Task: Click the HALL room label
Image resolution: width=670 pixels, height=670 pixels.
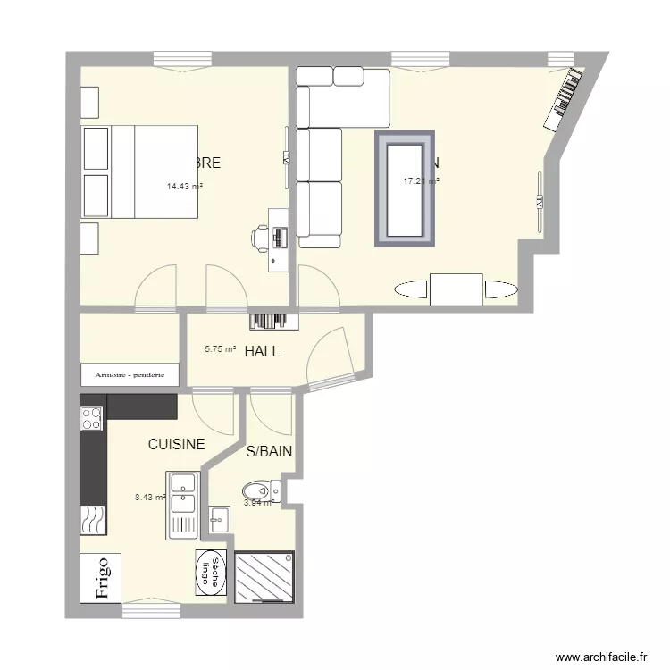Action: click(262, 352)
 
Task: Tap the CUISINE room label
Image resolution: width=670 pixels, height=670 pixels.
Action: click(176, 444)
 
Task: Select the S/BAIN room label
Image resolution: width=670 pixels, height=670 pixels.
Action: click(269, 452)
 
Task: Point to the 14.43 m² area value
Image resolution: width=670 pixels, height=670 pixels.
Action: click(184, 188)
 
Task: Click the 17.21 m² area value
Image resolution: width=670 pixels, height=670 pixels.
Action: click(421, 181)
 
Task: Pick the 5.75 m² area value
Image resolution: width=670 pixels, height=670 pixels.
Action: click(220, 351)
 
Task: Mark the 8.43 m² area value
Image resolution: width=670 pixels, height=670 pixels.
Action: click(149, 498)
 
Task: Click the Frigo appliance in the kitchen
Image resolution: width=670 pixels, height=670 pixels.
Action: click(102, 578)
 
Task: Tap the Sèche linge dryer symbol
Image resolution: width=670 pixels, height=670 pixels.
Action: click(211, 570)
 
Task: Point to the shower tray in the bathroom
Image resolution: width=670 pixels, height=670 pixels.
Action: click(264, 576)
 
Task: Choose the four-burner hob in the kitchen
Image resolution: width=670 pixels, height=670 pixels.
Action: click(92, 418)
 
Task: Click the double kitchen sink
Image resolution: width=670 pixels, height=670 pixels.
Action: click(183, 505)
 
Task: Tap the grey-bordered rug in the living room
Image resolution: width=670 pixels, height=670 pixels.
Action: click(405, 188)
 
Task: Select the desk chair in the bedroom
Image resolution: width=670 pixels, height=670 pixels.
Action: click(261, 237)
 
